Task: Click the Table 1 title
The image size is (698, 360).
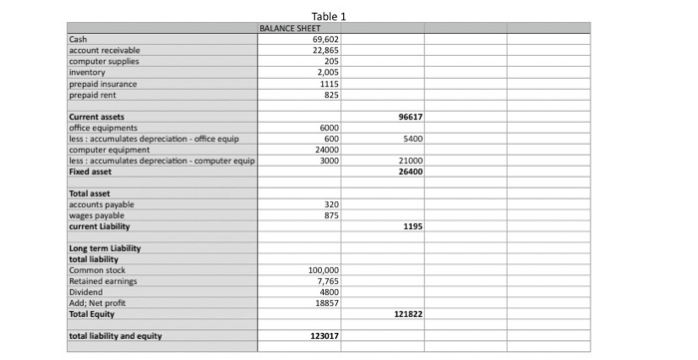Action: tap(328, 16)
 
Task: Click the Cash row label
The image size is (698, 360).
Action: tap(78, 39)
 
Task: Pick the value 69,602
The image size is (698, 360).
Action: tap(327, 39)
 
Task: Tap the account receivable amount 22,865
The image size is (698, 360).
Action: tap(327, 49)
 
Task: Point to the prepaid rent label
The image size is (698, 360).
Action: tap(92, 96)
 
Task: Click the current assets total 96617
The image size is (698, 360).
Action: tap(411, 117)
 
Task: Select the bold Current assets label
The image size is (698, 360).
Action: tap(96, 117)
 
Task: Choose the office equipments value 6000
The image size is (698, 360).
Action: tap(330, 128)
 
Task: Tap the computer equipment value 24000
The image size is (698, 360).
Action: tap(328, 150)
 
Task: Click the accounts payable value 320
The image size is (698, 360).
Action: tap(333, 204)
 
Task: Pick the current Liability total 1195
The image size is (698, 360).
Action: tap(414, 226)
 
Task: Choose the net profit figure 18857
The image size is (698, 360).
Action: tap(327, 303)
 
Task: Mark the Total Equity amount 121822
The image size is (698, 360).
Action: tap(409, 314)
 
